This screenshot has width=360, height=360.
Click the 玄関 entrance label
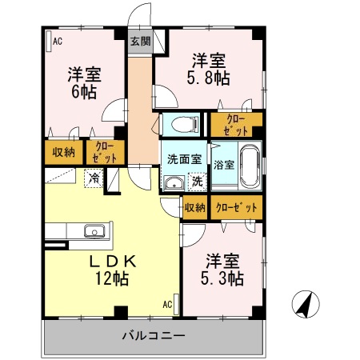click(x=140, y=42)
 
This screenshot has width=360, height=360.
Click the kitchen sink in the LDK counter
click(x=94, y=233)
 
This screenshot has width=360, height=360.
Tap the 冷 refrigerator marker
click(x=95, y=179)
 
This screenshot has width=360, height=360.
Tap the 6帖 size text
click(x=84, y=92)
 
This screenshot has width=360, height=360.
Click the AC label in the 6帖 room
click(x=58, y=41)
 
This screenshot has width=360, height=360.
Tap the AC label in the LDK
click(x=168, y=304)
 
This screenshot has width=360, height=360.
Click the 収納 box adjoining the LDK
click(x=195, y=207)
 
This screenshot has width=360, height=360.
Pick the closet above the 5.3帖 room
click(x=237, y=207)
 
